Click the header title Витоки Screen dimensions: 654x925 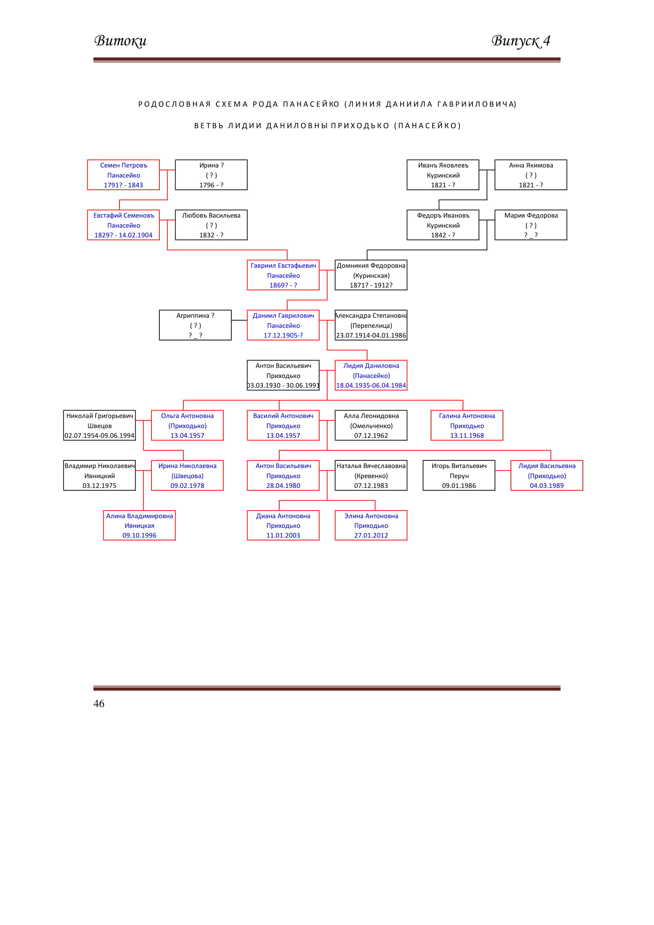tap(121, 41)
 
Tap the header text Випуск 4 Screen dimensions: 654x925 tap(520, 41)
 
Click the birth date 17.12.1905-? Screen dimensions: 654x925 tap(283, 335)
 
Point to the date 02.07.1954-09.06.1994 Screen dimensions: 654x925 tap(100, 435)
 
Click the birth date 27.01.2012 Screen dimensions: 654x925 tap(371, 535)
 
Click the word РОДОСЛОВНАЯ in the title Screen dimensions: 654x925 tap(174, 104)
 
